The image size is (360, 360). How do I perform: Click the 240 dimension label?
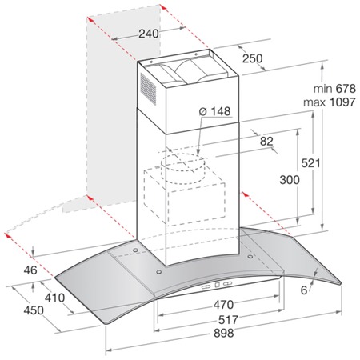149,34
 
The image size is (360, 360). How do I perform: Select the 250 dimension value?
252,58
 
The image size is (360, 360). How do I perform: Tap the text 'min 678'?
334,89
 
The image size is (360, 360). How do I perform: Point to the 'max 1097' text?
330,102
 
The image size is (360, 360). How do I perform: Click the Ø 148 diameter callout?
214,111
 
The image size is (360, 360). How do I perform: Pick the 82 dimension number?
266,142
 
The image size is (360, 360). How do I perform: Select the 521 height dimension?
310,163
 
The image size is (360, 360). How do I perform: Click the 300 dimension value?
290,180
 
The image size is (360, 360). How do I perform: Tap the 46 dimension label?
30,270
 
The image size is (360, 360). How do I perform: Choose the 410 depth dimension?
54,298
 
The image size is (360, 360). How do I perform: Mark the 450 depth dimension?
34,310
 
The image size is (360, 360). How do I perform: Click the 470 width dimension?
223,305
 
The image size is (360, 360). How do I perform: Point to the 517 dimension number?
228,319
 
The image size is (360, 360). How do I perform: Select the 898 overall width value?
224,333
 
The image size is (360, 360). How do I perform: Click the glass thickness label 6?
304,290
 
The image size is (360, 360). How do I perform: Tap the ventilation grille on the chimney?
148,89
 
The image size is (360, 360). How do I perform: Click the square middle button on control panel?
217,285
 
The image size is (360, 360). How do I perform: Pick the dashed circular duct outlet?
183,168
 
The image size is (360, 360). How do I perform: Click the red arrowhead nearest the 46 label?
8,235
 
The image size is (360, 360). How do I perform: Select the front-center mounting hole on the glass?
159,272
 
